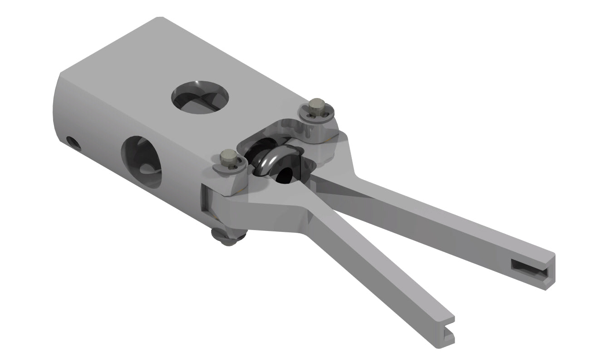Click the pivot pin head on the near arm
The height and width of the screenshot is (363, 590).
(227, 159)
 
